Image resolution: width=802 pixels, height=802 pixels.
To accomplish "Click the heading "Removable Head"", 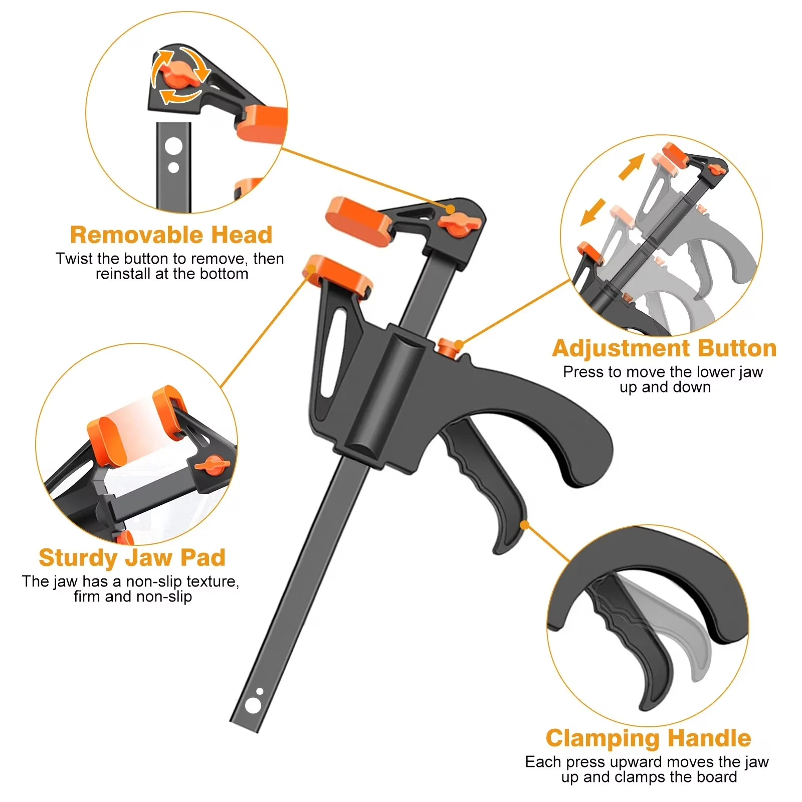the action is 171,235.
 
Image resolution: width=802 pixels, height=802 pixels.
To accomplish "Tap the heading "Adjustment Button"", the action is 664,348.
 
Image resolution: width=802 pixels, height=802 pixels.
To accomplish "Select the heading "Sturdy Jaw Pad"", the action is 132,558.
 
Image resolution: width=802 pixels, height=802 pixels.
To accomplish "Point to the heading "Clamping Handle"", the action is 648,739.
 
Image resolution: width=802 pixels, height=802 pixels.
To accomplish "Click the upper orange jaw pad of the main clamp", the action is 358,222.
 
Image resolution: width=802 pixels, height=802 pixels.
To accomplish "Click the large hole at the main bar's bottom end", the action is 253,706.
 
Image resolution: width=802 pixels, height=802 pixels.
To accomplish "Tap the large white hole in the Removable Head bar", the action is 173,147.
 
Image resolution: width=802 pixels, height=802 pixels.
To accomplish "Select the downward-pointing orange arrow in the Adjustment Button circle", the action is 593,212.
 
